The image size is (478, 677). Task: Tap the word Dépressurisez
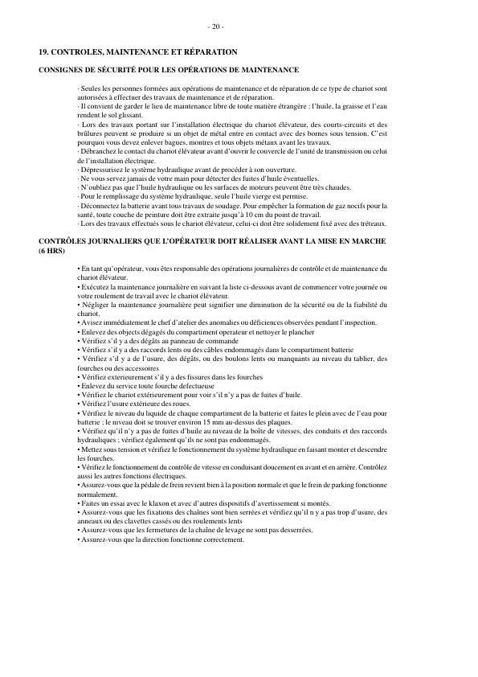(101, 169)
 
